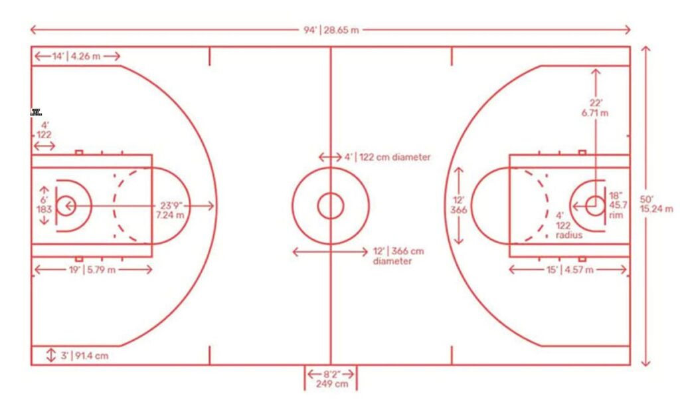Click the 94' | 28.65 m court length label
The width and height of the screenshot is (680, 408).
pos(331,31)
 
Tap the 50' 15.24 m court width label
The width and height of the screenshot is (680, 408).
pos(655,204)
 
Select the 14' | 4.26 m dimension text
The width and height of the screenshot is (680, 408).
pos(76,56)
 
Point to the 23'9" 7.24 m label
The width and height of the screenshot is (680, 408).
pos(170,211)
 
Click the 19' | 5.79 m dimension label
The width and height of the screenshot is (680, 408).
pos(92,270)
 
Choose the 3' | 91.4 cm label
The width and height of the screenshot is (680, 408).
pos(84,356)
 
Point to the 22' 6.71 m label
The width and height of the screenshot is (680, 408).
pos(594,108)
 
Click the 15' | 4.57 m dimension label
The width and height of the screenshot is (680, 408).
pos(569,270)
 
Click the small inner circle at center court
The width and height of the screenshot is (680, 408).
pos(330,205)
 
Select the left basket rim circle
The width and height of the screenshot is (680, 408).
pos(66,205)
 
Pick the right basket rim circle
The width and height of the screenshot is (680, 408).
pos(594,205)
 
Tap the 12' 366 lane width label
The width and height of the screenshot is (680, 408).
pos(458,205)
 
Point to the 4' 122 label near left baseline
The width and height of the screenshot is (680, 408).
pos(44,130)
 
